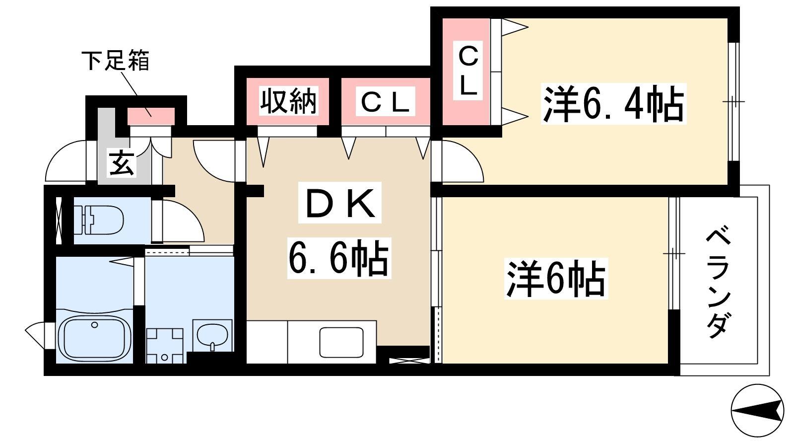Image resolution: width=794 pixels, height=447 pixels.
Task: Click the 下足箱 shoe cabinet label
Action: click(115, 61)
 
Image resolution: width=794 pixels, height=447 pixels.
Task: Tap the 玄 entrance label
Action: click(122, 164)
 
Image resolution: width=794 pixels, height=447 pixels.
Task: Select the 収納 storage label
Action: click(288, 101)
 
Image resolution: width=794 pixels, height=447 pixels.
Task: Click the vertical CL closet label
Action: click(468, 71)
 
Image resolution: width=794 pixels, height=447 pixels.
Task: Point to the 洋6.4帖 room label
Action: click(613, 104)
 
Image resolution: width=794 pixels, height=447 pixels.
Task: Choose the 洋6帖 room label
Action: click(556, 279)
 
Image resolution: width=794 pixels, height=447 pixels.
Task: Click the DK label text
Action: click(339, 203)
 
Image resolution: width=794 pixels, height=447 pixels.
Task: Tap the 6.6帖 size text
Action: click(339, 258)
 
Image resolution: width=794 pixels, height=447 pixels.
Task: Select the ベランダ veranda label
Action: click(718, 284)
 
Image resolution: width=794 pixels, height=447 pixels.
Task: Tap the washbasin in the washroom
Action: click(212, 335)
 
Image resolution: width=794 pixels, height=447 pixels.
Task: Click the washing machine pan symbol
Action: click(164, 346)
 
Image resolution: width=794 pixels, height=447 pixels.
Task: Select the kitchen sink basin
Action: click(341, 342)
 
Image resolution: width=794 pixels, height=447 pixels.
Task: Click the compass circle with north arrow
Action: click(757, 411)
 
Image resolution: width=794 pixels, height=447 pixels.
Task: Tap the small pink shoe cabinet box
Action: click(151, 116)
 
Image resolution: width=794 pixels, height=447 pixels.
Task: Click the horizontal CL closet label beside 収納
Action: click(385, 102)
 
